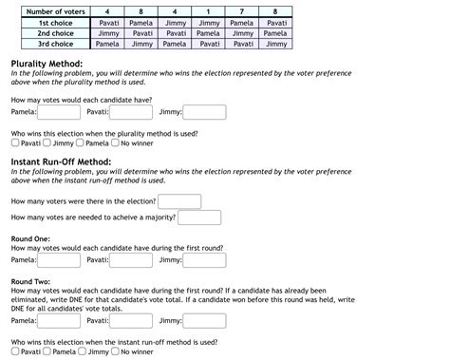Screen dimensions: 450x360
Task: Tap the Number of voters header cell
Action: (x=55, y=10)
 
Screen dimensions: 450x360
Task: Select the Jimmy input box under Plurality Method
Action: (x=204, y=112)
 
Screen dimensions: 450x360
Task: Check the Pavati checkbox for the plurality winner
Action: (x=15, y=143)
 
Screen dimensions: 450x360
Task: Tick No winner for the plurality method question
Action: (x=114, y=143)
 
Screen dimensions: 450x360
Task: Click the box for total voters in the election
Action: (x=179, y=201)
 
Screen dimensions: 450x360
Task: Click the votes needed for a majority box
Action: (x=199, y=218)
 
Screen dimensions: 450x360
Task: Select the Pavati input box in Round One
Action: (x=132, y=259)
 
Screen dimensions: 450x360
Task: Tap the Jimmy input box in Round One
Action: (x=204, y=259)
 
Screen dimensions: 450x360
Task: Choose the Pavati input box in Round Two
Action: (x=132, y=321)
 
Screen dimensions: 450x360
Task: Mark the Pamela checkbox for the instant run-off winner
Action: (x=47, y=351)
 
